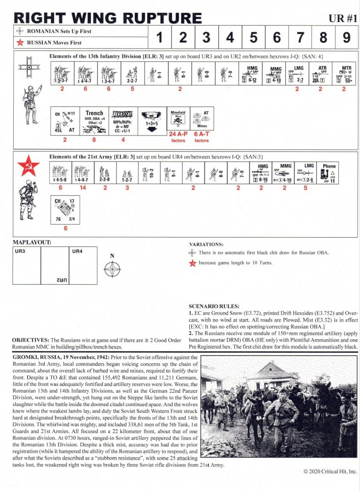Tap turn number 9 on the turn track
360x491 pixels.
347,38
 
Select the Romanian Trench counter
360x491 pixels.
94,122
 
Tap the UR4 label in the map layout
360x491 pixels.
77,251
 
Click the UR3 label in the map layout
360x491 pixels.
20,251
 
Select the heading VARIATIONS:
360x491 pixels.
206,244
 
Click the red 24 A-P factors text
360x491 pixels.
178,136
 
